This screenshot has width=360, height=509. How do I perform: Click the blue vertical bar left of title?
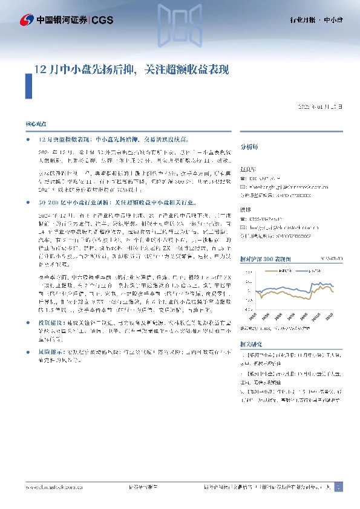(28, 85)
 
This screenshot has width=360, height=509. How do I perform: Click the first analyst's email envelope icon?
(244, 187)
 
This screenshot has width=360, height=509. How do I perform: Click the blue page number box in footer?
(338, 486)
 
